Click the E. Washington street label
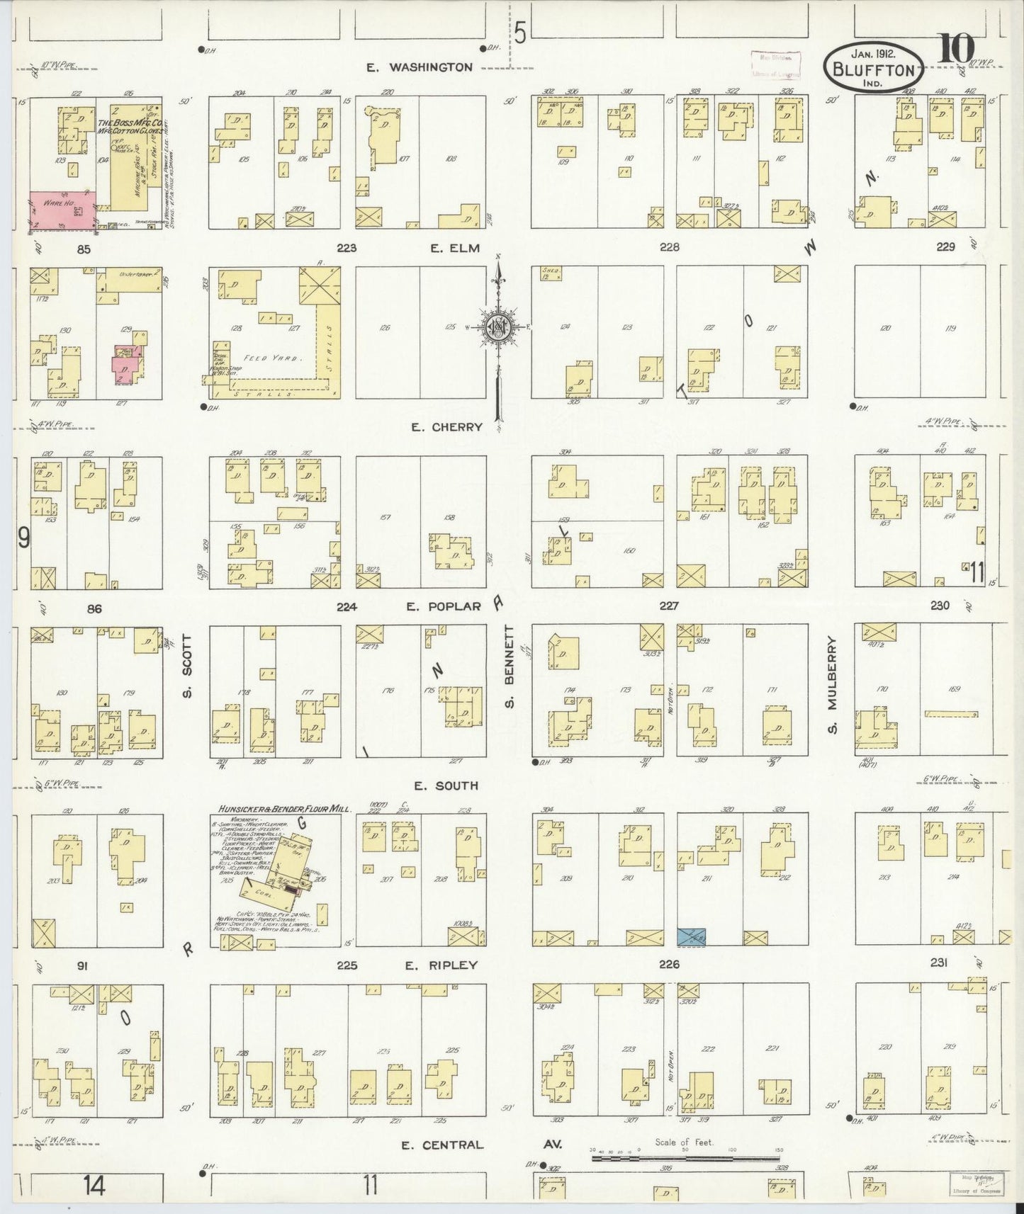tap(419, 67)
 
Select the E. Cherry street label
tap(446, 427)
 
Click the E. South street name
tap(446, 785)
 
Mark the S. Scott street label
tap(187, 665)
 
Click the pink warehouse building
tap(62, 209)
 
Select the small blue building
tap(691, 936)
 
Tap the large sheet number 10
tap(957, 50)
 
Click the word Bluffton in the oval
tap(873, 69)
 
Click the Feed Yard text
tap(265, 358)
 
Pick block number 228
tap(668, 247)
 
